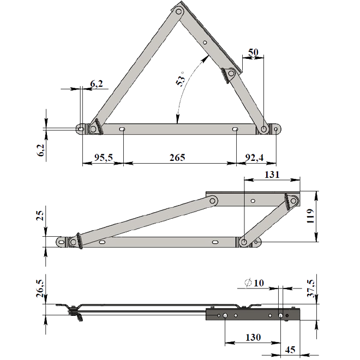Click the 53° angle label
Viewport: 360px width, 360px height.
point(181,79)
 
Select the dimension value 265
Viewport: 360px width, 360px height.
point(177,158)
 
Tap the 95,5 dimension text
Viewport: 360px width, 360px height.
point(104,158)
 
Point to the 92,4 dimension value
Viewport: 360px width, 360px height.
point(254,158)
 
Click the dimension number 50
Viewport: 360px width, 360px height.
point(253,52)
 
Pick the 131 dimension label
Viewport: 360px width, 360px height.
point(272,175)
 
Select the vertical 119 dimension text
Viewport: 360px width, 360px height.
point(310,216)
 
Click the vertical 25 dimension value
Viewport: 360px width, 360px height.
point(40,215)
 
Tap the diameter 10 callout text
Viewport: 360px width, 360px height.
point(254,283)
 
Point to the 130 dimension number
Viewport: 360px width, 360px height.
point(253,337)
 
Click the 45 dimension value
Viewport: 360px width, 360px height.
point(290,350)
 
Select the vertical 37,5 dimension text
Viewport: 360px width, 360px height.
point(311,289)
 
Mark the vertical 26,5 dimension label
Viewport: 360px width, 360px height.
point(40,289)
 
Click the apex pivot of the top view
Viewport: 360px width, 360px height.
point(178,11)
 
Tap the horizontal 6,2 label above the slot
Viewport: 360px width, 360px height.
point(97,84)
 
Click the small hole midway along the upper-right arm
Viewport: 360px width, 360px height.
point(205,43)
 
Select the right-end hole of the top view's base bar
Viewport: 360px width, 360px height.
point(276,129)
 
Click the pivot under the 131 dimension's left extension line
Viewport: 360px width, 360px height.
point(244,242)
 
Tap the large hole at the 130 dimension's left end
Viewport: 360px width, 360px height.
point(225,315)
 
